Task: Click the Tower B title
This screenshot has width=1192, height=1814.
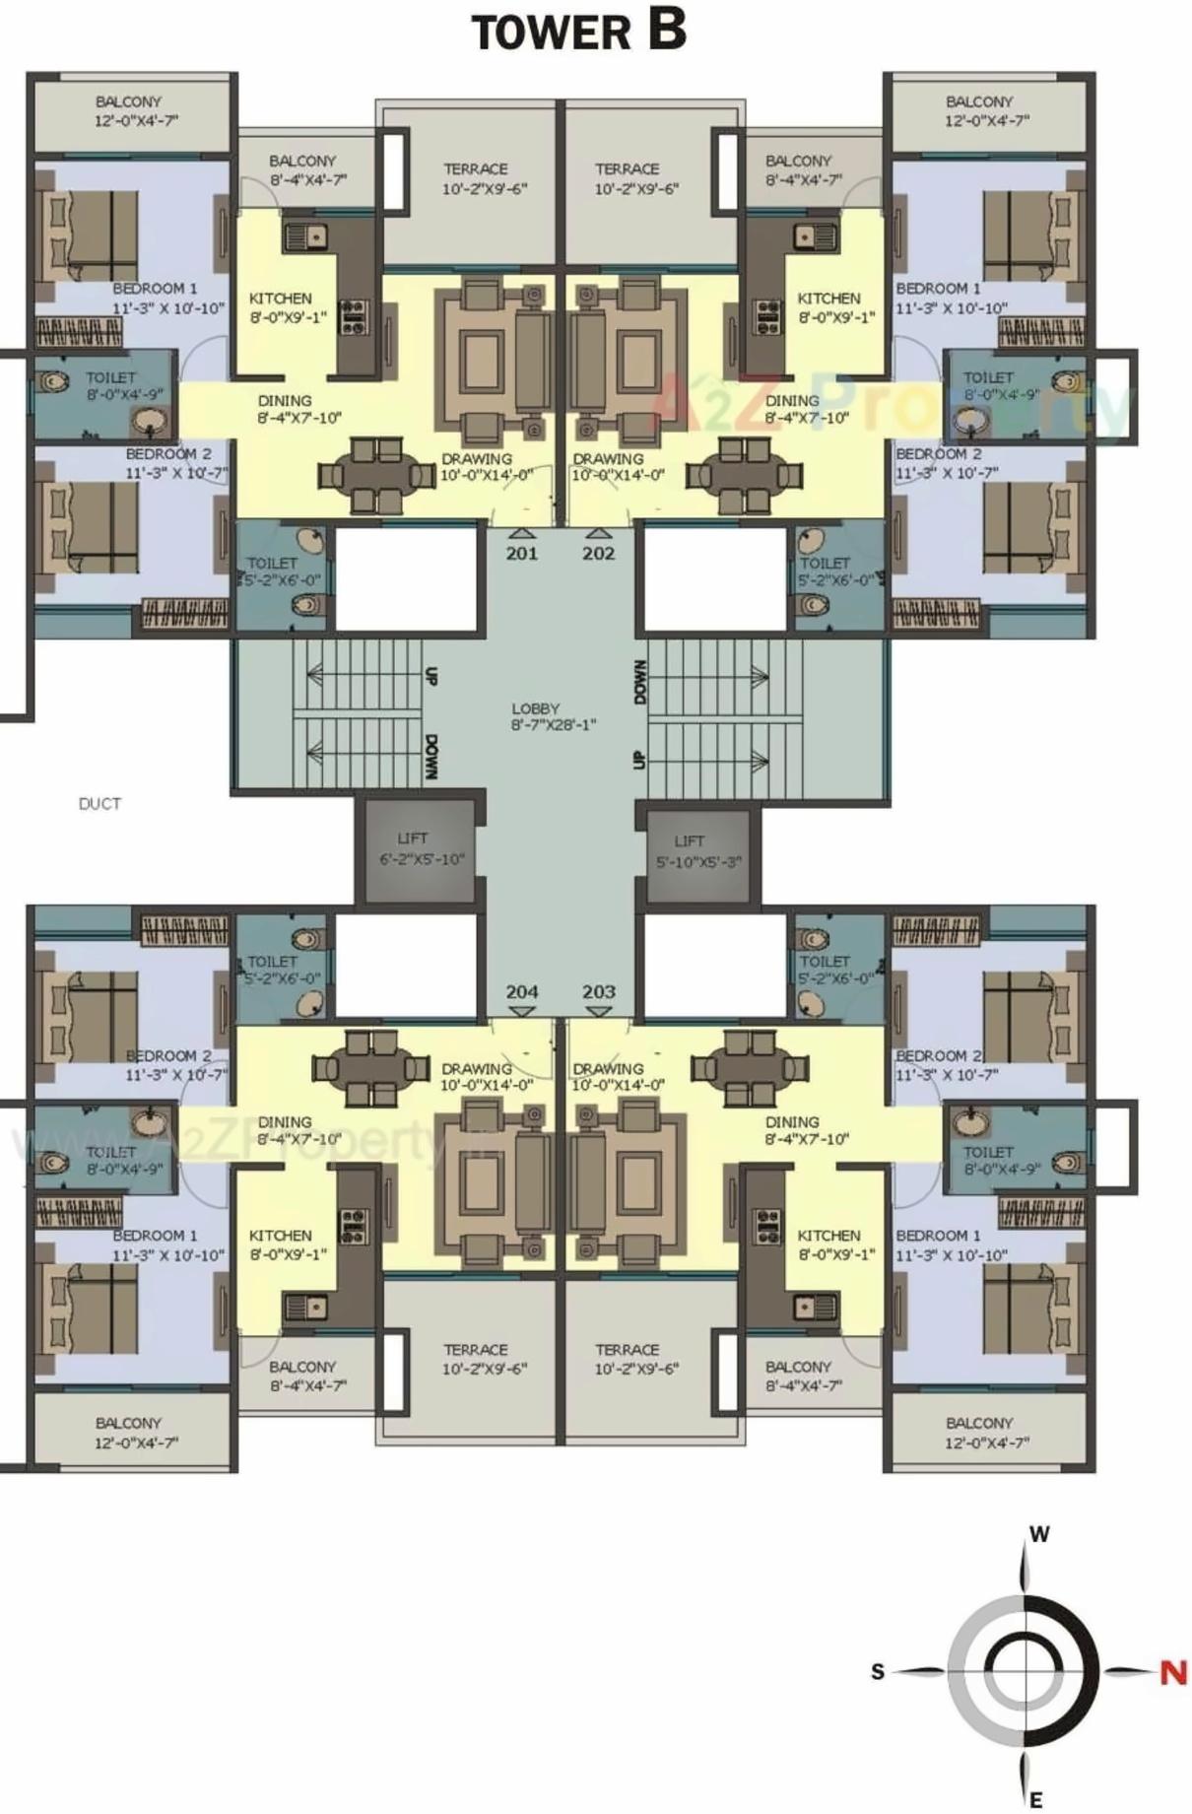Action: point(579,31)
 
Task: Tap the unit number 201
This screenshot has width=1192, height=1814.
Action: point(521,554)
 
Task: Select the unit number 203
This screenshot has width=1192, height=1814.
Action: point(598,991)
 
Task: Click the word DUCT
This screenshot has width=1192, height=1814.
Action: point(99,804)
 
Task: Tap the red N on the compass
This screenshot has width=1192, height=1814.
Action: point(1172,1672)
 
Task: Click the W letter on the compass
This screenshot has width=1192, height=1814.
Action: point(1039,1534)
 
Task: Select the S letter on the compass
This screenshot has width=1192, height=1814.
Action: point(878,1672)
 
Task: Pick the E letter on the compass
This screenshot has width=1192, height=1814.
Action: point(1035,1800)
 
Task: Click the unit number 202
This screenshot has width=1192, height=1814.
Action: point(598,554)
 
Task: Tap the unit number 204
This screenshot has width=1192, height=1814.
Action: point(521,991)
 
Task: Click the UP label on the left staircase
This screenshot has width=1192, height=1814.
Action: point(430,676)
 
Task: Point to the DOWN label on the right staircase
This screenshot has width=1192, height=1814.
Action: point(641,682)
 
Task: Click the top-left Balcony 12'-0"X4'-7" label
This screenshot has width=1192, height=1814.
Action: point(129,111)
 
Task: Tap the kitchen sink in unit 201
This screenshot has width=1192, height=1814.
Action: point(306,236)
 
